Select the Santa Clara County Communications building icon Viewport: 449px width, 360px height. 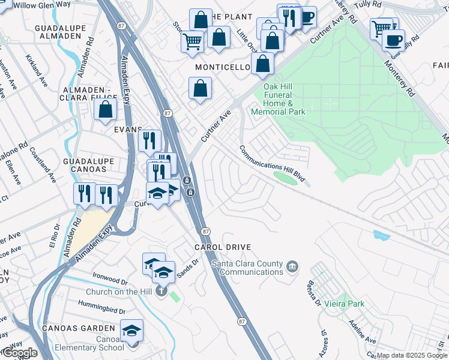tap(292, 266)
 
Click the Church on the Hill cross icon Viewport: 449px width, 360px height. tap(160, 292)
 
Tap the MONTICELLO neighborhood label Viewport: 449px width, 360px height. tap(221, 67)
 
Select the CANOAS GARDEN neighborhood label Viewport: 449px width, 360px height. tap(78, 328)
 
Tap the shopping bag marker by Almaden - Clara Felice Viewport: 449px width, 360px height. tap(106, 110)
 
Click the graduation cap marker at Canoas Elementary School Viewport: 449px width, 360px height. tap(132, 331)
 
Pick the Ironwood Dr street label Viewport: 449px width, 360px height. tap(110, 280)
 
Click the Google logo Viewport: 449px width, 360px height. tap(19, 353)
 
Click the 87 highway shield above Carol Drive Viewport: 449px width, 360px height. tap(206, 231)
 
